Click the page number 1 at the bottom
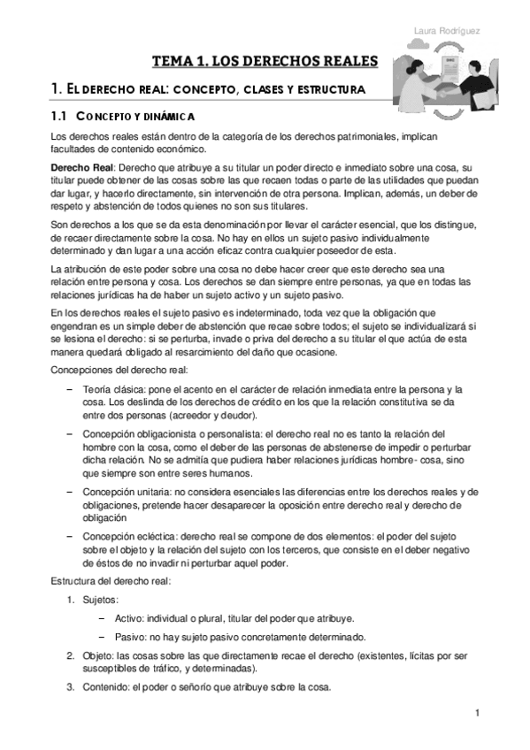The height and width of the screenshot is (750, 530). (477, 713)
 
